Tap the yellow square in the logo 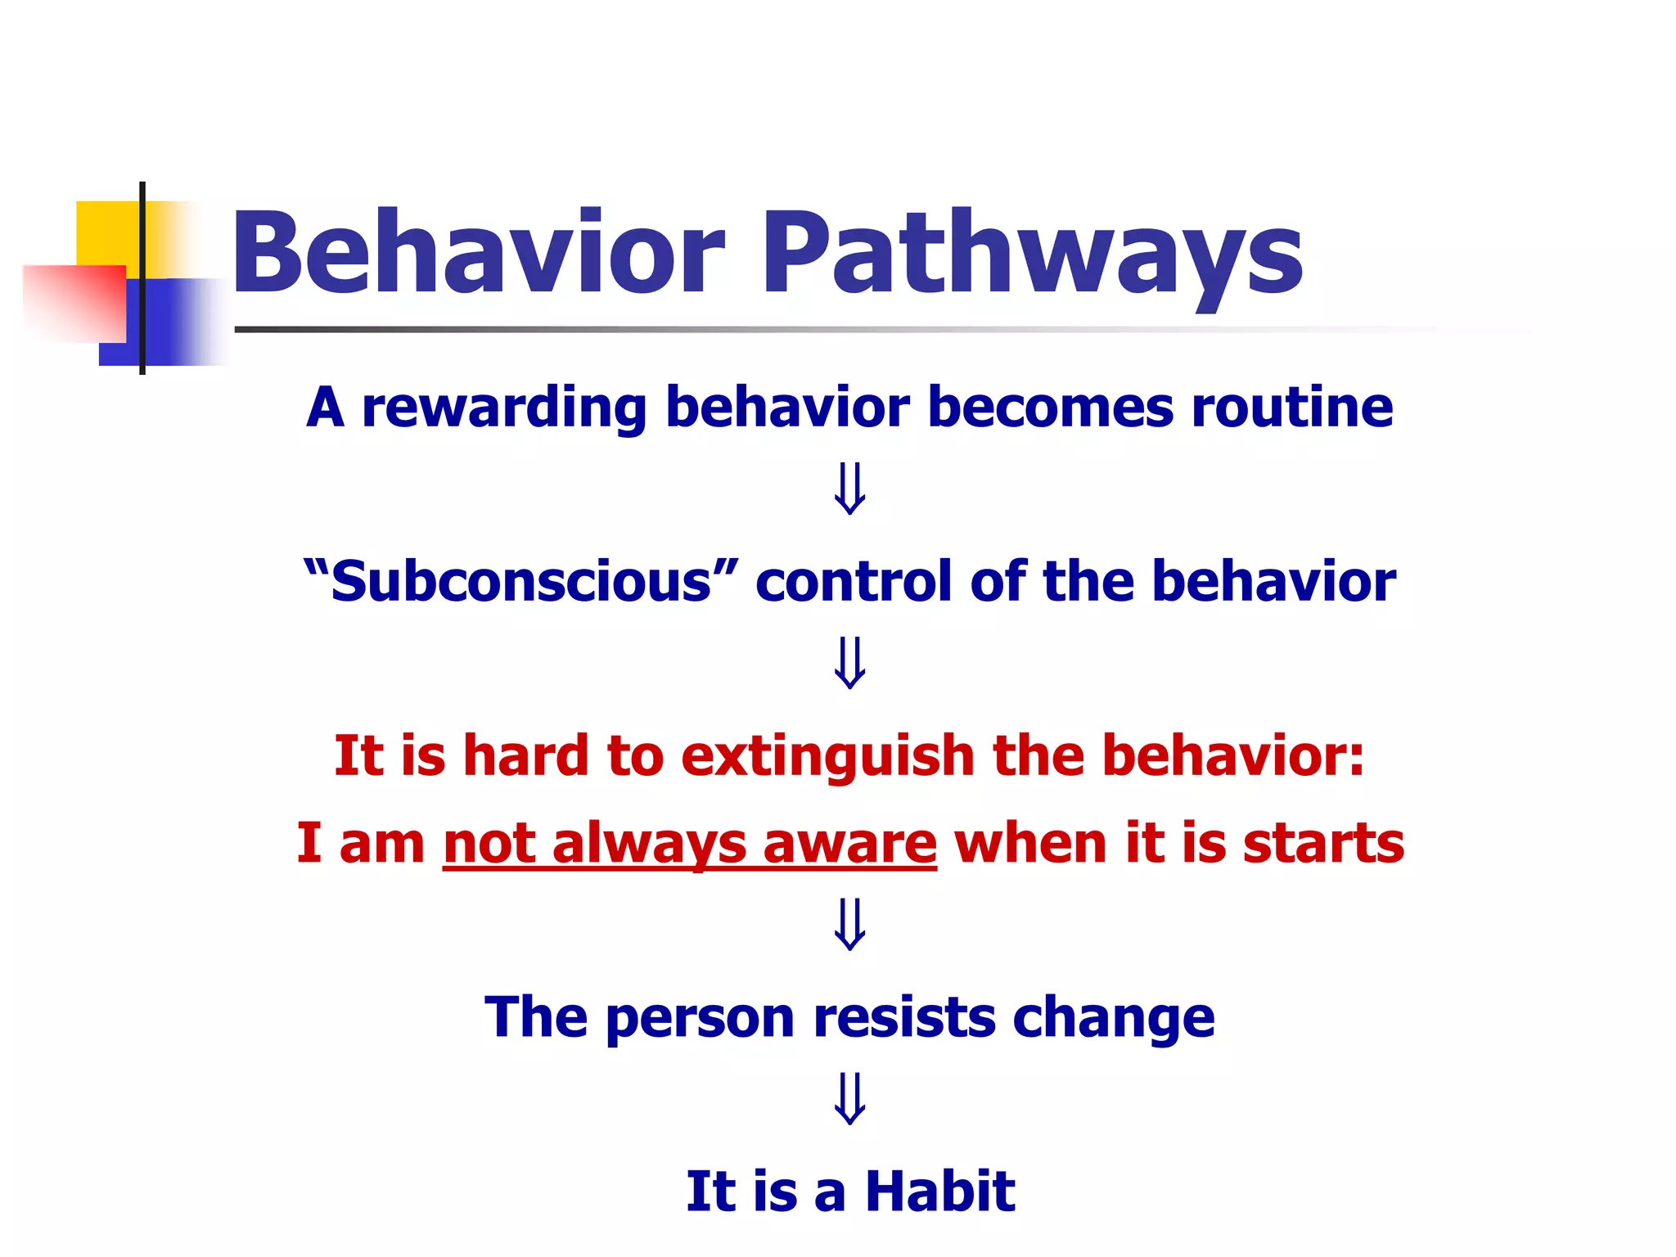[106, 232]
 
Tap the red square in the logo [74, 303]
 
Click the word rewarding [504, 408]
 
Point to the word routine [1292, 408]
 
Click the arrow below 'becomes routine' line [849, 489]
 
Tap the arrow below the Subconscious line [849, 663]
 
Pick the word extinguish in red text [827, 755]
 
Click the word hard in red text [525, 755]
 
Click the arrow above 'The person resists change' [849, 924]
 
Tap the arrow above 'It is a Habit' [849, 1098]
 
